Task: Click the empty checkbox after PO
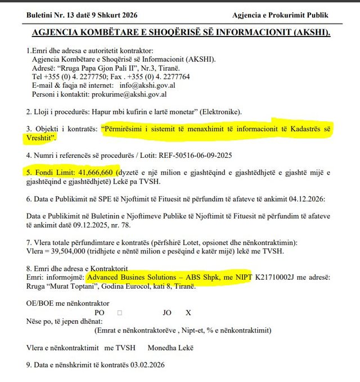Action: pyautogui.click(x=120, y=312)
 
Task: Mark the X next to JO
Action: pyautogui.click(x=188, y=312)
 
